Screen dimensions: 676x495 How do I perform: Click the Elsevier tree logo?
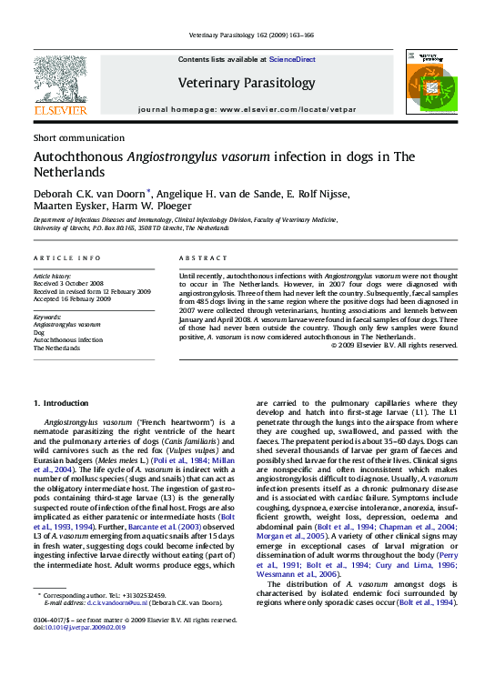coord(60,84)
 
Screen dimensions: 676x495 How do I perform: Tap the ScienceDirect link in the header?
coord(291,59)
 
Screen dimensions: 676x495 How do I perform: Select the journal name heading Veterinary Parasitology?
coord(247,82)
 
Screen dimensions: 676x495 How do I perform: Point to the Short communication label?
coord(78,137)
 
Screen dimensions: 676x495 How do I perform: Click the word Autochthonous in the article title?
coord(77,156)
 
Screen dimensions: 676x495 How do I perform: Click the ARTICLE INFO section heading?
coord(67,258)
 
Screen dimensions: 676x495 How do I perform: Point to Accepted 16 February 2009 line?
coord(72,298)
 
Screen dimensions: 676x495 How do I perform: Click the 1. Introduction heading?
coord(61,402)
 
